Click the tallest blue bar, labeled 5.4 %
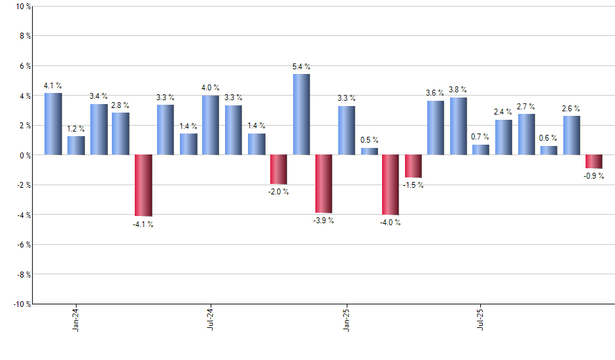point(301,115)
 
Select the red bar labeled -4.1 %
point(143,185)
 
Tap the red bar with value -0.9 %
point(594,162)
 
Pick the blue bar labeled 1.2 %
point(76,145)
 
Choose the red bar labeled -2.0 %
point(279,170)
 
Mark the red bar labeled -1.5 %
point(413,166)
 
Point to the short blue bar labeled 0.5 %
point(369,151)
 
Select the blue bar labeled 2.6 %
point(571,135)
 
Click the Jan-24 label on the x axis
point(76,319)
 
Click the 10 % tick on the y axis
point(22,7)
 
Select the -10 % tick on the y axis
point(20,304)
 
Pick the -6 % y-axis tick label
point(22,244)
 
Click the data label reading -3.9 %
point(323,221)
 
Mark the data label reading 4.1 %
point(53,85)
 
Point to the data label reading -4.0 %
point(390,223)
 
